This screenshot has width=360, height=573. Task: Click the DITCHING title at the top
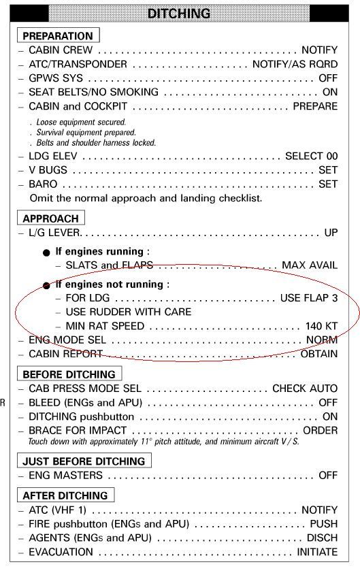pos(180,13)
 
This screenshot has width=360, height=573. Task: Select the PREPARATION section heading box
pos(57,35)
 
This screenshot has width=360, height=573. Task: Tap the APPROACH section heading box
pos(50,218)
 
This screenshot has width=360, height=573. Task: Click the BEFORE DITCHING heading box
pos(69,374)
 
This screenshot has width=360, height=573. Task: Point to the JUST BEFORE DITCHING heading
pos(84,461)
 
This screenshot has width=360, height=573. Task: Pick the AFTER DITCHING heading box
pos(65,495)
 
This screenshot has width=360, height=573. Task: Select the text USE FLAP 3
pos(308,298)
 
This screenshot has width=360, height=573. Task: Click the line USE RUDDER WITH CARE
pos(129,312)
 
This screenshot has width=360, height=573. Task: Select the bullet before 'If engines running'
pos(46,252)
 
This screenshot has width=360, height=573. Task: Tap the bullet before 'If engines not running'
pos(46,285)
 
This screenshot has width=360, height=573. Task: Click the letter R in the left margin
pos(3,403)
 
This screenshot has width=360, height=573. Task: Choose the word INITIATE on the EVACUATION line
pos(316,552)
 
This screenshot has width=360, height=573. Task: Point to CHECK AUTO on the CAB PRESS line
pos(305,389)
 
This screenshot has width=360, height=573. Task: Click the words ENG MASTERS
pos(59,476)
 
